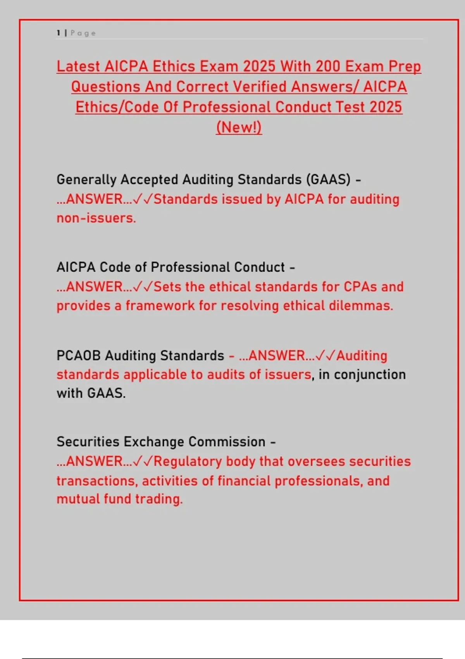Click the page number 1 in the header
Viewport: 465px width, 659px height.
(x=59, y=33)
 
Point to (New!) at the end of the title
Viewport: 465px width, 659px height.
(x=239, y=128)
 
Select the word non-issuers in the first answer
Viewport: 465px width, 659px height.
(x=96, y=218)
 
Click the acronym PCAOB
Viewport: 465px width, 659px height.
(x=79, y=355)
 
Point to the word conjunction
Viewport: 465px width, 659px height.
(x=370, y=374)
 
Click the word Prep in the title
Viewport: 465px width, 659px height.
(x=405, y=66)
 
